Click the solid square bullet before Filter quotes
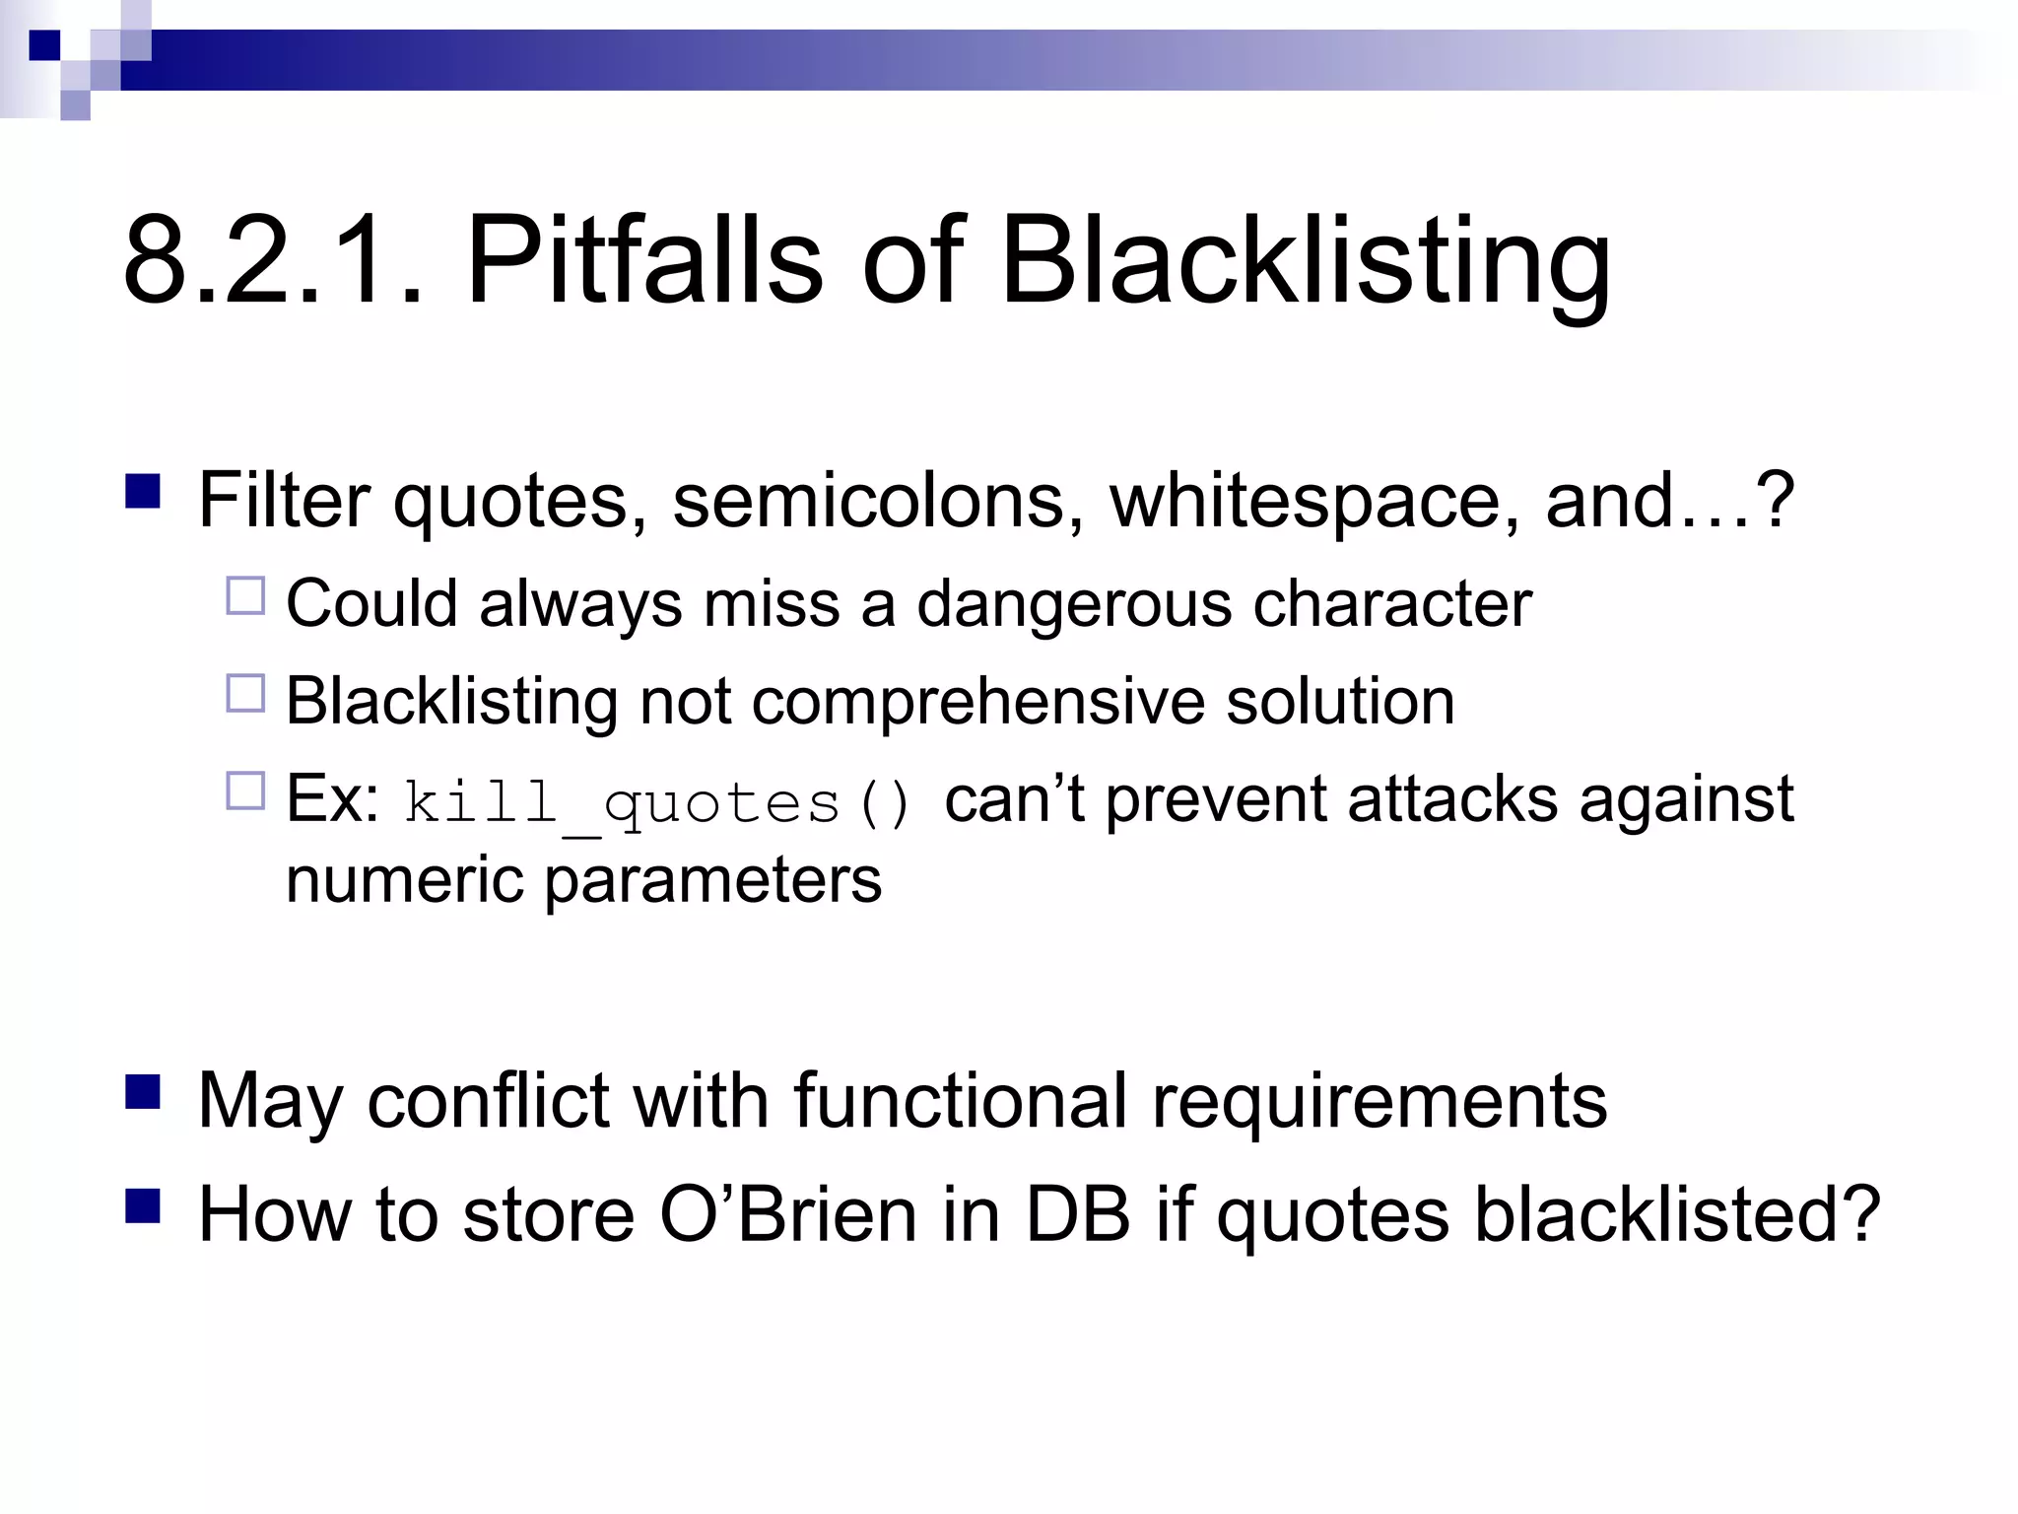[x=144, y=491]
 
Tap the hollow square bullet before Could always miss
[x=245, y=596]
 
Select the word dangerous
[x=1074, y=604]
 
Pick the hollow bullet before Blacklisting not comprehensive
[x=245, y=693]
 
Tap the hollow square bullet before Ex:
[x=245, y=791]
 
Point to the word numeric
[x=404, y=879]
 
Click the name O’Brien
[x=788, y=1214]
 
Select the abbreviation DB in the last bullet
[x=1076, y=1214]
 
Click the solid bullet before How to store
[x=144, y=1204]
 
